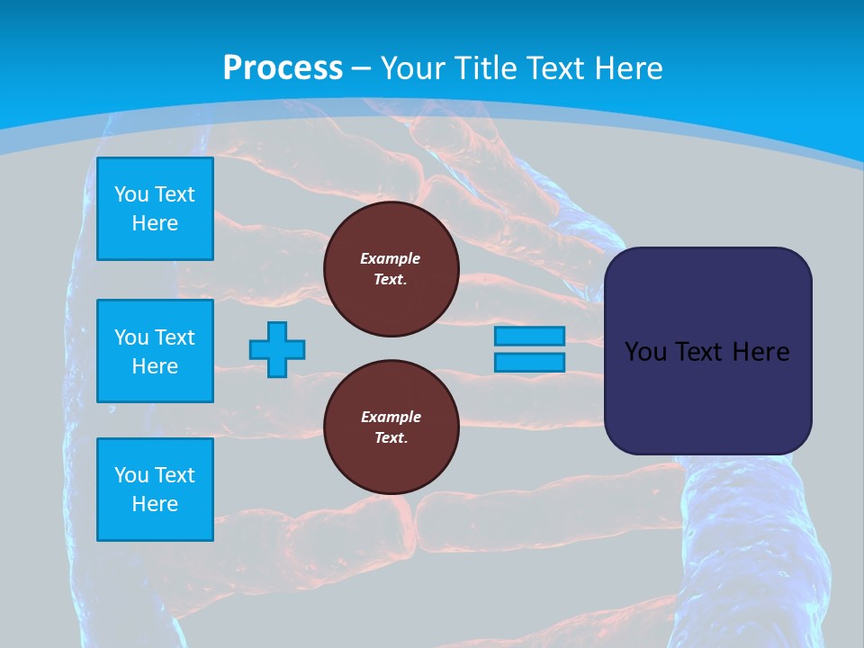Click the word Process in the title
click(283, 68)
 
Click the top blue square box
click(155, 209)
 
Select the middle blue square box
click(155, 351)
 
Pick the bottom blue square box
click(155, 490)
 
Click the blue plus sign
click(277, 349)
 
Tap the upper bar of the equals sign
click(529, 336)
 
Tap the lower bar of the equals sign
click(529, 363)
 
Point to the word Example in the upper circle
click(391, 258)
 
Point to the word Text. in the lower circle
click(391, 438)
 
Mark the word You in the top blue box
click(131, 194)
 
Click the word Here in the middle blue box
click(155, 366)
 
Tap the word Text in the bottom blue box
click(175, 475)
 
